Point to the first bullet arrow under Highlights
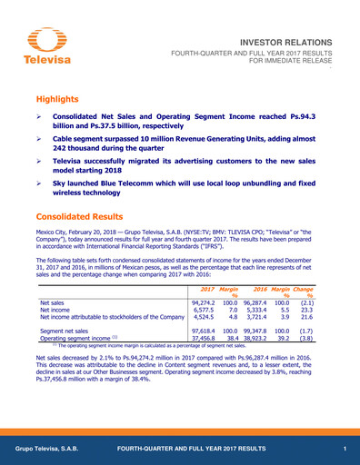[x=37, y=119]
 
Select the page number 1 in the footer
[x=345, y=450]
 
